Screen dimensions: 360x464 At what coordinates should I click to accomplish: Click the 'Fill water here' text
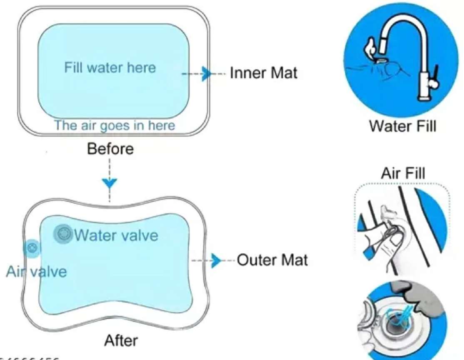click(110, 67)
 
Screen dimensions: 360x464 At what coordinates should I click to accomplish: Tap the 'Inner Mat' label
click(264, 73)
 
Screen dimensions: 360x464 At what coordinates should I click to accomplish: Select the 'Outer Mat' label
click(272, 260)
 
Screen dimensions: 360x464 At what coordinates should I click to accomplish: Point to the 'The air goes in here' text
click(115, 125)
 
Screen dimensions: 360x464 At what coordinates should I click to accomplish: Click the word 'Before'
click(110, 149)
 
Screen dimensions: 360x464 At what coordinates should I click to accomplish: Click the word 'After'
click(121, 340)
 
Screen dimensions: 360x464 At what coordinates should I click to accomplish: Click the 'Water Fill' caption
click(403, 126)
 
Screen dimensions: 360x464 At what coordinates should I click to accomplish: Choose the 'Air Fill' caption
click(403, 172)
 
